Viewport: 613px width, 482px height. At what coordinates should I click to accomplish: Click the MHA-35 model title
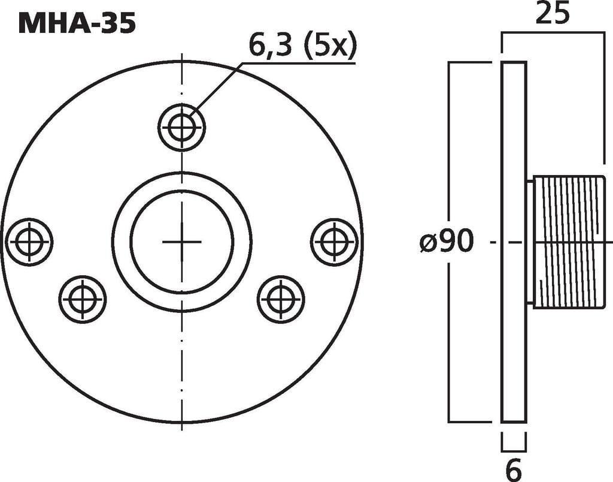pyautogui.click(x=77, y=23)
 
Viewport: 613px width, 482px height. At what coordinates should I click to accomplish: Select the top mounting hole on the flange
pyautogui.click(x=181, y=127)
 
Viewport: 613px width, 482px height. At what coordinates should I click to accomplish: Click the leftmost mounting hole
pyautogui.click(x=29, y=242)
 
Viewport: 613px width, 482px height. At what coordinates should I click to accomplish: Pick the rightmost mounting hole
pyautogui.click(x=334, y=242)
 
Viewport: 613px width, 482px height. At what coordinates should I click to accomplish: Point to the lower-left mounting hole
pyautogui.click(x=83, y=299)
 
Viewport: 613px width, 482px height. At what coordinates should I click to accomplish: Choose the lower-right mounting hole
pyautogui.click(x=281, y=299)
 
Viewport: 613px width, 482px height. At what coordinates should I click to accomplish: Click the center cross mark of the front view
pyautogui.click(x=181, y=242)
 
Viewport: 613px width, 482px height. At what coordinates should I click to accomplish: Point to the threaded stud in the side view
pyautogui.click(x=569, y=242)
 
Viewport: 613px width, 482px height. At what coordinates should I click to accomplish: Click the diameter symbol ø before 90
pyautogui.click(x=429, y=243)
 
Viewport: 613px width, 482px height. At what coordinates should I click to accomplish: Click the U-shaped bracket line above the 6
pyautogui.click(x=514, y=450)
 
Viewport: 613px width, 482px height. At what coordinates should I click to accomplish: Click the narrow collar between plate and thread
pyautogui.click(x=529, y=242)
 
